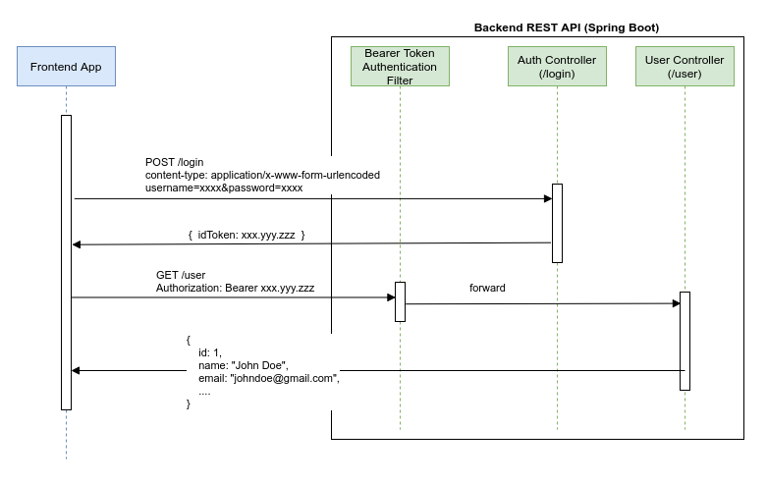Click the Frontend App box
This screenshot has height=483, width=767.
tap(66, 67)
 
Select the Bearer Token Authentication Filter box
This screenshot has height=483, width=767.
tap(400, 67)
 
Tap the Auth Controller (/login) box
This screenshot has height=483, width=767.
tap(557, 67)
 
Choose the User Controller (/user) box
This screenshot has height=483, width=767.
tap(685, 67)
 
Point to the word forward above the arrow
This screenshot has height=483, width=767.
tap(487, 290)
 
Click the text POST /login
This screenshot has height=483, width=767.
tap(175, 162)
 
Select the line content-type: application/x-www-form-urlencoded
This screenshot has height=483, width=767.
tap(262, 175)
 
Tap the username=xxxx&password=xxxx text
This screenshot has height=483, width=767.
tap(224, 188)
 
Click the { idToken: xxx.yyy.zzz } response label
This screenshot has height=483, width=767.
tap(247, 236)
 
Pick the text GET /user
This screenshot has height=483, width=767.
tap(181, 275)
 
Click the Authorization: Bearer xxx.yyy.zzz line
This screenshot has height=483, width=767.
tap(236, 289)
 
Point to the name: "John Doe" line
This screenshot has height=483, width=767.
tap(243, 365)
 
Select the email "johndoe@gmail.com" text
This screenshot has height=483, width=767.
tap(268, 378)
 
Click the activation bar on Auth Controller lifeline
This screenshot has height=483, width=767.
tap(557, 223)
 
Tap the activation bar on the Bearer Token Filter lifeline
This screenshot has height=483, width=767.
tap(400, 301)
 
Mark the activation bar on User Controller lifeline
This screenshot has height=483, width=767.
tap(685, 341)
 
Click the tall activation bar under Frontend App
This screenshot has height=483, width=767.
tap(66, 262)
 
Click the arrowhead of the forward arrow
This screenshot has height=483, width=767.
tap(676, 303)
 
